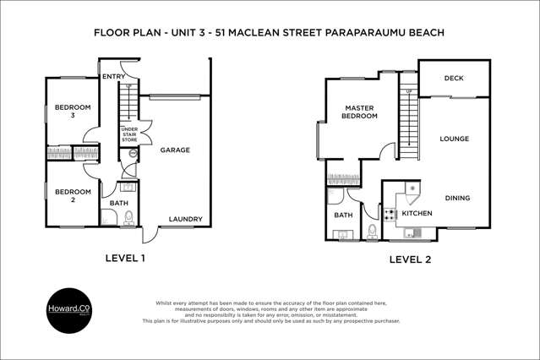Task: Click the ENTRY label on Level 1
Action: point(114,77)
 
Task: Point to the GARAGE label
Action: point(175,150)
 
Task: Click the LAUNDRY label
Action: point(185,220)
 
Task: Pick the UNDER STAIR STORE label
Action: point(128,134)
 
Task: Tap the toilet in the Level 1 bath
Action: point(129,218)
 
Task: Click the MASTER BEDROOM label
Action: point(359,112)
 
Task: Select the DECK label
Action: point(453,79)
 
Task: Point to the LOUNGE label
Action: point(454,139)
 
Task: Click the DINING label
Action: point(457,199)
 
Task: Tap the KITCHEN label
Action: point(417,214)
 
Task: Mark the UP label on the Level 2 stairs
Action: point(410,90)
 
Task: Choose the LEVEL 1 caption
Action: point(125,259)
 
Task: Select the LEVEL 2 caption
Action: point(410,259)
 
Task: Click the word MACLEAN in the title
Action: point(268,33)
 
